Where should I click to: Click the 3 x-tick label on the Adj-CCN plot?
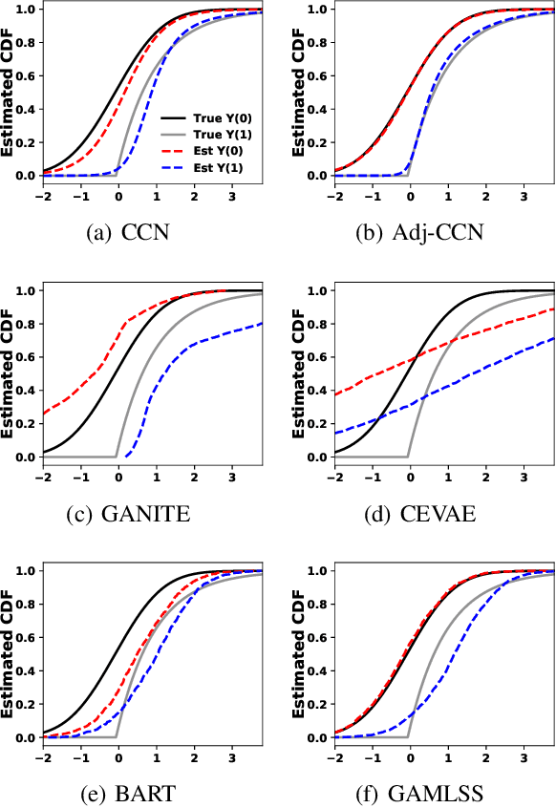tap(523, 195)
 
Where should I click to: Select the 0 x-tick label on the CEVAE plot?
tap(410, 476)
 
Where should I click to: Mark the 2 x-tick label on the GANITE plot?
tap(194, 476)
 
